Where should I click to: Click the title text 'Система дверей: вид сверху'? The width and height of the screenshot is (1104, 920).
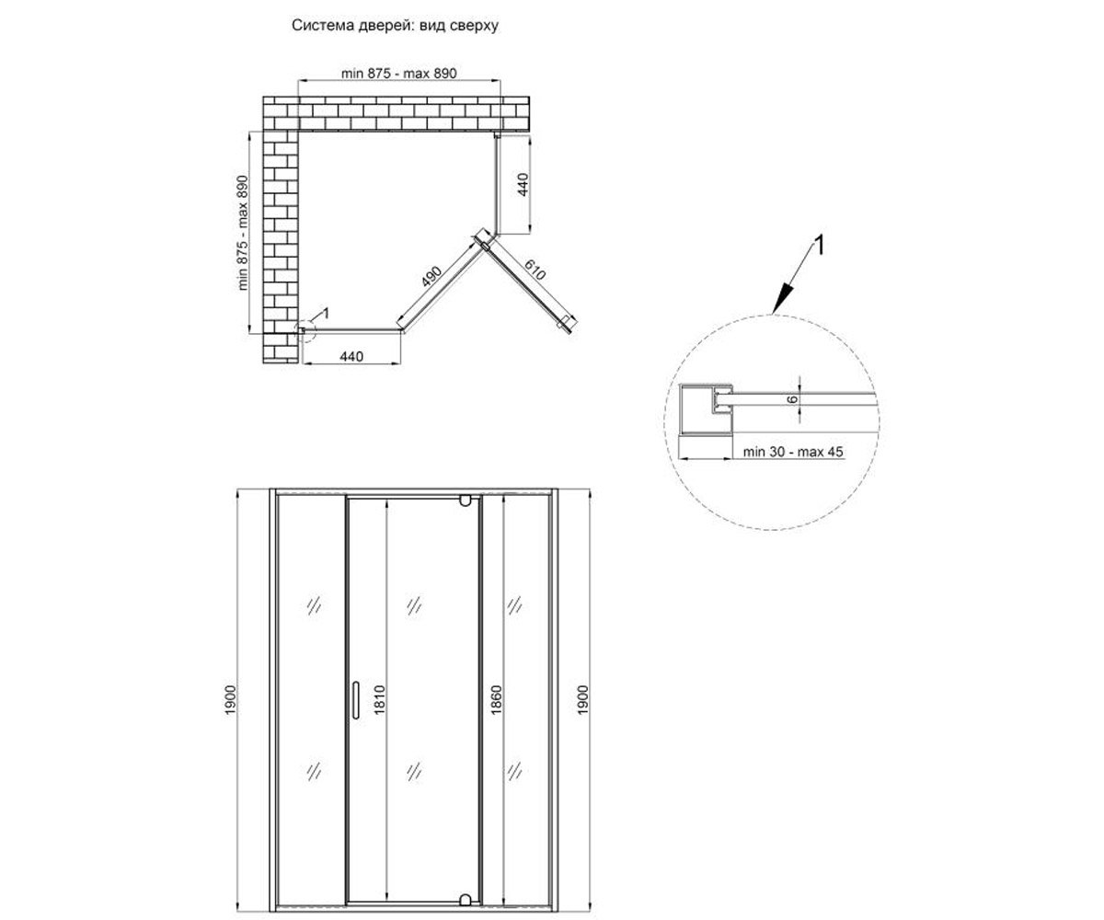(395, 26)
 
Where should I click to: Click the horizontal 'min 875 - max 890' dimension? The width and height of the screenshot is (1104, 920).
(398, 73)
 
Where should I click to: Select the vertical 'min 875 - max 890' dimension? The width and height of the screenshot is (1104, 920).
(242, 233)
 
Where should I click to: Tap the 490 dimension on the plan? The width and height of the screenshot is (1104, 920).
(431, 277)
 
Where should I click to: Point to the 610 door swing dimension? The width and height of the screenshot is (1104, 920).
(535, 270)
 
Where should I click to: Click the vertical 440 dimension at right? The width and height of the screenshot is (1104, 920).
(523, 185)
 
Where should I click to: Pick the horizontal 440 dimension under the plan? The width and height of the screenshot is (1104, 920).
(351, 357)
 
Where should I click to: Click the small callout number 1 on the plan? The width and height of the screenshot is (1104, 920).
(326, 314)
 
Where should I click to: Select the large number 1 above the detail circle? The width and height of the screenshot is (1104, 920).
(819, 246)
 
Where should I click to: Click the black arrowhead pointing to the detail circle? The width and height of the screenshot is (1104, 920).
(781, 299)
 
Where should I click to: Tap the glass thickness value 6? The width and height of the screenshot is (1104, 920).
(792, 399)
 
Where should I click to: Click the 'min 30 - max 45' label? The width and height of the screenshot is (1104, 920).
(793, 452)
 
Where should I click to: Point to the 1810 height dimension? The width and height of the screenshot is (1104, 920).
(380, 700)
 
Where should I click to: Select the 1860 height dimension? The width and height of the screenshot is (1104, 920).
(496, 700)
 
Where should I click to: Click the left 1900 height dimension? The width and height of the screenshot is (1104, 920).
(231, 700)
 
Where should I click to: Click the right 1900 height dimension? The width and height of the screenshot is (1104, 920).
(582, 700)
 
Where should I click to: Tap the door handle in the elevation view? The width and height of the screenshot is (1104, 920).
(355, 700)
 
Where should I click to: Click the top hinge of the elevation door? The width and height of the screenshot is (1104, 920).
(466, 500)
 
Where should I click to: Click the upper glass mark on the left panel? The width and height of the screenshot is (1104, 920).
(314, 606)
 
